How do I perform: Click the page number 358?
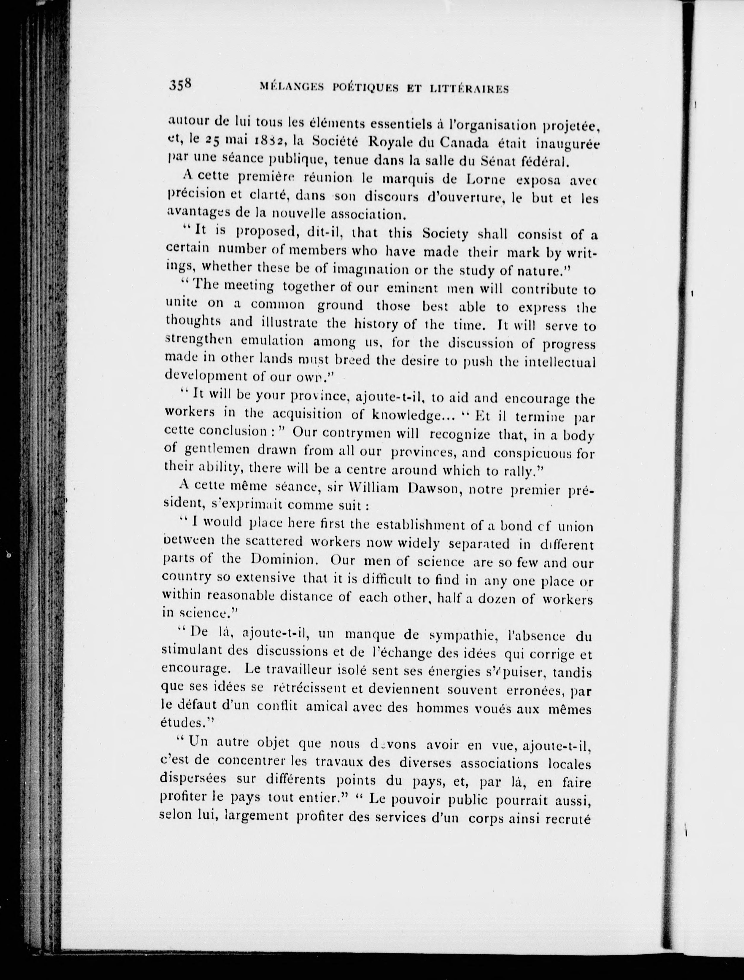(180, 84)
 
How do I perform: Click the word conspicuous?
(531, 453)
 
